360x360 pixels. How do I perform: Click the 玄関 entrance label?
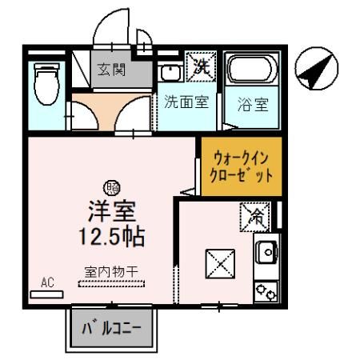[112, 70]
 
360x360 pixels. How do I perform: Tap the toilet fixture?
[45, 82]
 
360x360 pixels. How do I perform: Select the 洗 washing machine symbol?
[199, 67]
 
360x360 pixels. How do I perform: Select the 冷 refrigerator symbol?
[255, 215]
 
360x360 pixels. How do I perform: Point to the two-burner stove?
[266, 290]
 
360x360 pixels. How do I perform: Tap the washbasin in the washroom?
[170, 74]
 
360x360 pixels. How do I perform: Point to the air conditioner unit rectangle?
[46, 294]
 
